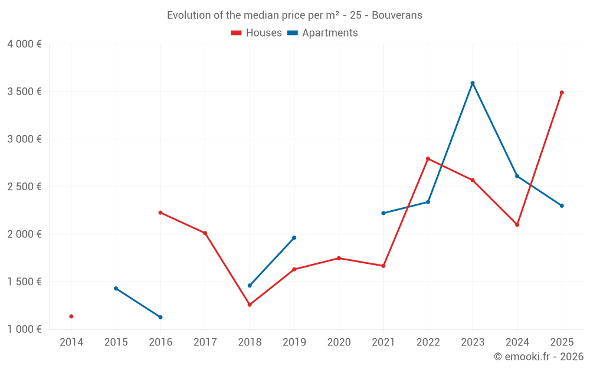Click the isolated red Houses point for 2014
[71, 316]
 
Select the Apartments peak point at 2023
[473, 83]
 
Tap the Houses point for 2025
[562, 93]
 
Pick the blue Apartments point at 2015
[116, 288]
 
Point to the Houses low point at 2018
[250, 305]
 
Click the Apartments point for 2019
[294, 238]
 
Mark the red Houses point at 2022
[428, 159]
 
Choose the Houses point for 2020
[339, 258]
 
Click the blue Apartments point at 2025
[562, 205]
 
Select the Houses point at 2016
[160, 213]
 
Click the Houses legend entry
[257, 33]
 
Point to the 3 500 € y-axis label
[24, 92]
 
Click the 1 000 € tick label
[24, 329]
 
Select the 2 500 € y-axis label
[24, 187]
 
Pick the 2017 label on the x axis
[205, 342]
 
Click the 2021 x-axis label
[383, 342]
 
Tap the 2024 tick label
[517, 342]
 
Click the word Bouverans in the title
[397, 15]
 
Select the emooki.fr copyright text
[539, 357]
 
